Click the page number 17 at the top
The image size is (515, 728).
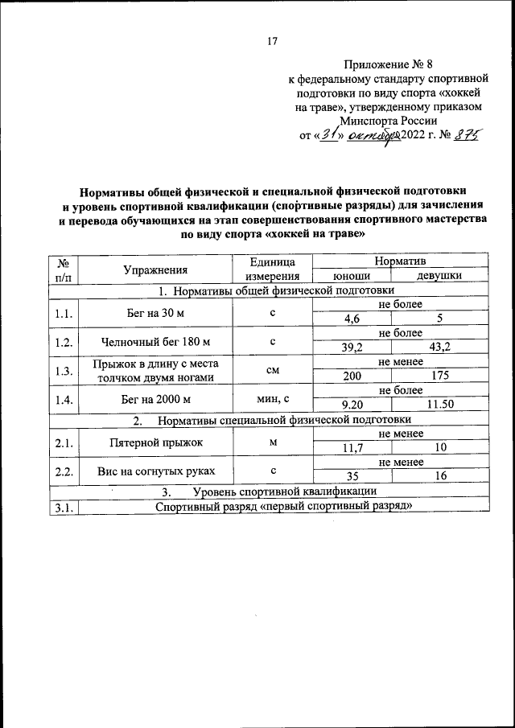tap(272, 42)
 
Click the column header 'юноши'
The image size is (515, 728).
tap(351, 277)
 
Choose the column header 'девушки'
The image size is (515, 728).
tap(439, 277)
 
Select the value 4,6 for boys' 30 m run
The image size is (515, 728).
tap(351, 319)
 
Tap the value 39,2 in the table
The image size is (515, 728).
tap(351, 348)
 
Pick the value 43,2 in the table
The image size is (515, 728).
tap(439, 348)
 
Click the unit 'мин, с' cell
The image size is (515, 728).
tap(272, 397)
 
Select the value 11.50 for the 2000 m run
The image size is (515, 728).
tap(439, 405)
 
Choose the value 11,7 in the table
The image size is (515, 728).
tap(351, 447)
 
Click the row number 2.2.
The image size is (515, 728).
tap(64, 471)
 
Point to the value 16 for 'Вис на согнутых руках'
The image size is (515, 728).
tap(439, 476)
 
